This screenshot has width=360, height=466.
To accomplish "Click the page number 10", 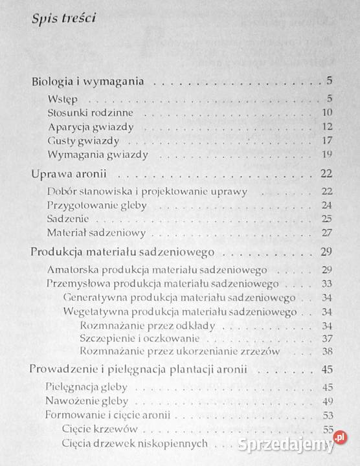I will [x=326, y=113].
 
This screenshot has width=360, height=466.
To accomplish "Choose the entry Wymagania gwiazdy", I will [x=98, y=154].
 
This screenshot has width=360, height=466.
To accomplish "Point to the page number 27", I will [x=326, y=232].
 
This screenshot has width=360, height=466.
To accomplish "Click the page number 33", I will [x=326, y=283].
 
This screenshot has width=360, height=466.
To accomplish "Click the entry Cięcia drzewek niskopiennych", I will [x=135, y=443].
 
